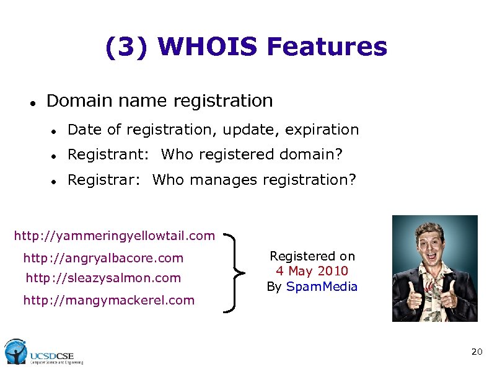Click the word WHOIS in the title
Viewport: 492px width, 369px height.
coord(208,47)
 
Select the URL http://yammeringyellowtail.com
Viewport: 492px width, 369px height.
coord(115,236)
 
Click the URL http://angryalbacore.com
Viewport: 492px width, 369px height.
coord(103,257)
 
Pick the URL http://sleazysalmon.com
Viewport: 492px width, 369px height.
coord(103,278)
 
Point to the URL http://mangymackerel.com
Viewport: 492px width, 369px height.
coord(108,300)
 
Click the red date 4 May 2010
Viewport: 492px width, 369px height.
coord(312,271)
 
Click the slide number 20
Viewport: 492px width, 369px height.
coord(477,352)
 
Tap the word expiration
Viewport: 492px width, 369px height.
coord(328,130)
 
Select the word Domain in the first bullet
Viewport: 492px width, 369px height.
coord(74,100)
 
